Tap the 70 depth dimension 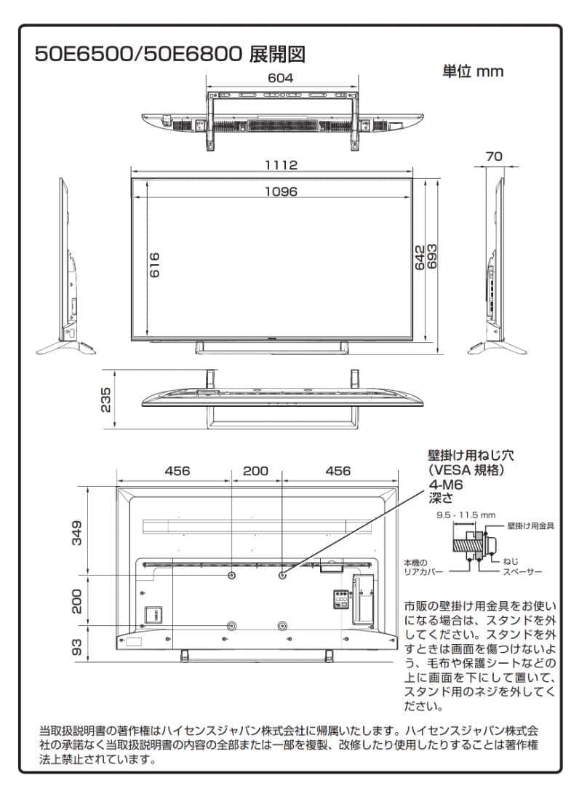click(494, 156)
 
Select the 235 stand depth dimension click(106, 399)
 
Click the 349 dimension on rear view click(77, 531)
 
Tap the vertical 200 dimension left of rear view click(77, 600)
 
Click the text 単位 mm click(473, 71)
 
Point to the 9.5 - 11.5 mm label click(466, 514)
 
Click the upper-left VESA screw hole click(232, 575)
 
